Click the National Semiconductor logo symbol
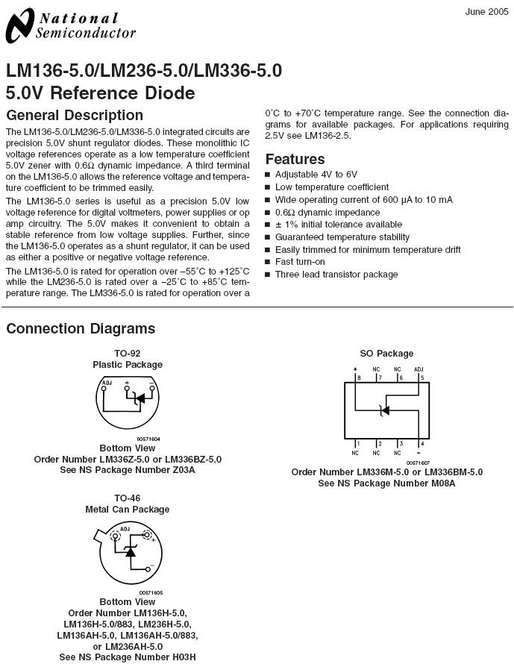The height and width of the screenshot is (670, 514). click(x=19, y=26)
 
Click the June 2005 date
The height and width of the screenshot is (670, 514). click(x=486, y=12)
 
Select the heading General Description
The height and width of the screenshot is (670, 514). click(x=75, y=116)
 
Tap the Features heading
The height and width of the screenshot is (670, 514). click(x=295, y=159)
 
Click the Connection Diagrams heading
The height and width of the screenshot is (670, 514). click(x=81, y=328)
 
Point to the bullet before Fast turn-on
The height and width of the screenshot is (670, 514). click(x=268, y=262)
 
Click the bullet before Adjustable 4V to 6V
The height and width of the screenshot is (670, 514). click(x=268, y=175)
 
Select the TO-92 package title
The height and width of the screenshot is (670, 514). click(x=128, y=354)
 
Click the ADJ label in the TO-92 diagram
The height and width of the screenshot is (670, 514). click(x=107, y=383)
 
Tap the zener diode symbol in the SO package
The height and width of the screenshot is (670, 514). click(x=384, y=410)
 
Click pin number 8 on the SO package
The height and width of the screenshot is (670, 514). click(x=359, y=378)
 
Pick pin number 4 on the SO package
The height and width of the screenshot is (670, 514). click(x=422, y=444)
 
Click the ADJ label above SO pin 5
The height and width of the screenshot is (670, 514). click(x=419, y=369)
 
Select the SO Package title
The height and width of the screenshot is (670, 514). click(x=386, y=354)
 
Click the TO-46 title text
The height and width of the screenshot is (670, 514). click(x=128, y=498)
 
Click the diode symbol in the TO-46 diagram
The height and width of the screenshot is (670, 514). click(x=131, y=551)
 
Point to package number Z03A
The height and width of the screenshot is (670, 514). click(x=183, y=470)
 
